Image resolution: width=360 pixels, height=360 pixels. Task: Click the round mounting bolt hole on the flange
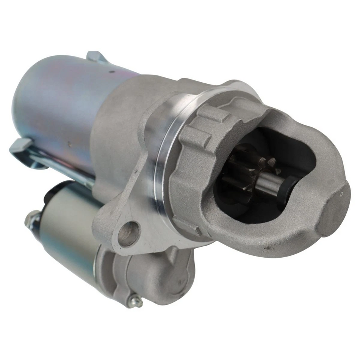pyautogui.click(x=129, y=233)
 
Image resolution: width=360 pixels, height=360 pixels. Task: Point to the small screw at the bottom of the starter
pyautogui.click(x=136, y=301)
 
